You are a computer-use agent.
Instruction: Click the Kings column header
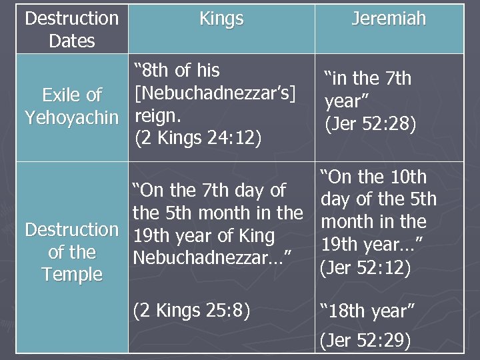click(221, 19)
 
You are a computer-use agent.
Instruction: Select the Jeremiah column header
click(389, 19)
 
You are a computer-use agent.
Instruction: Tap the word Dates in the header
click(72, 41)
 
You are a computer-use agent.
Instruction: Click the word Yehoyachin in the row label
click(71, 118)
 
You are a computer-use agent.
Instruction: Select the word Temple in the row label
click(72, 274)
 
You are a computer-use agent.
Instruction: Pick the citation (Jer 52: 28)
click(370, 124)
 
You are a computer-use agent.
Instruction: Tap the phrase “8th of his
click(177, 70)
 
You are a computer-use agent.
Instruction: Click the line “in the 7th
click(367, 79)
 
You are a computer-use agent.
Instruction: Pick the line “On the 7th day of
click(209, 191)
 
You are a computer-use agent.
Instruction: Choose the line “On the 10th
click(373, 177)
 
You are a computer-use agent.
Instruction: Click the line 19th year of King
click(203, 235)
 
